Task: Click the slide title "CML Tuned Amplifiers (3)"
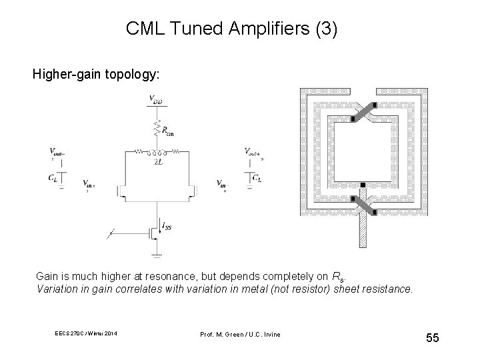coord(231,29)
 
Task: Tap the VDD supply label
coord(156,101)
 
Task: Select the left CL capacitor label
coord(53,177)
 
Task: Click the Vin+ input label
coord(88,182)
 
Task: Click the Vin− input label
coord(222,183)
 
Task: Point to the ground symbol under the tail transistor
coord(156,254)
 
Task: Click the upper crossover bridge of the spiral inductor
coord(361,114)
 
